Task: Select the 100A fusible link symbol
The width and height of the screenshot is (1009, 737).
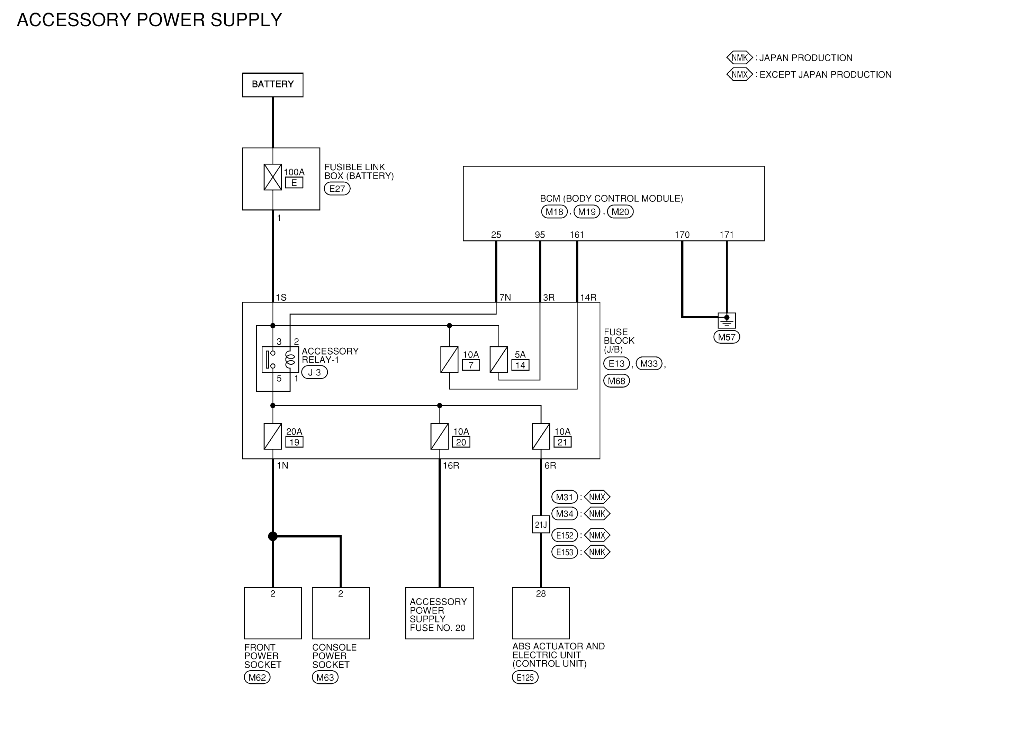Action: (x=273, y=177)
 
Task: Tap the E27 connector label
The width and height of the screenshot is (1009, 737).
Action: (x=337, y=189)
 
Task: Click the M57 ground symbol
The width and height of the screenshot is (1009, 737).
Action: (x=727, y=321)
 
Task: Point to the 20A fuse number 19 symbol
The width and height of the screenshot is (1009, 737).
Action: (x=273, y=436)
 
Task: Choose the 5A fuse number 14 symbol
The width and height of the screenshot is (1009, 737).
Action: (x=498, y=360)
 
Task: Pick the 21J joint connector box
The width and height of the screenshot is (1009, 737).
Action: (x=541, y=525)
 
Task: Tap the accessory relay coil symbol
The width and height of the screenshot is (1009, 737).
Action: (x=290, y=360)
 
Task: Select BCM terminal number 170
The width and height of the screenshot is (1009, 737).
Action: (x=682, y=235)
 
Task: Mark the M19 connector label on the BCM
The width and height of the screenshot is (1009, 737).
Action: (x=587, y=212)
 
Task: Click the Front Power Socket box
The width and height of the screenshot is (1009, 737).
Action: (x=273, y=613)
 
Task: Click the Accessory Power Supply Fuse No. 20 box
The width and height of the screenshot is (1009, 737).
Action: (x=440, y=613)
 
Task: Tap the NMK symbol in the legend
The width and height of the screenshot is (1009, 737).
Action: (x=739, y=57)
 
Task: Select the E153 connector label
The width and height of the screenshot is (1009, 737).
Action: (x=565, y=552)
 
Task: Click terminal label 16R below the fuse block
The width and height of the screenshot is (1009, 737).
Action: (x=451, y=466)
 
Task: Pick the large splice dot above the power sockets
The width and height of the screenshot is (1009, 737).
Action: (x=273, y=536)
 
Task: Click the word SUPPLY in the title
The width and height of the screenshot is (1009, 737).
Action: (x=246, y=20)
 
